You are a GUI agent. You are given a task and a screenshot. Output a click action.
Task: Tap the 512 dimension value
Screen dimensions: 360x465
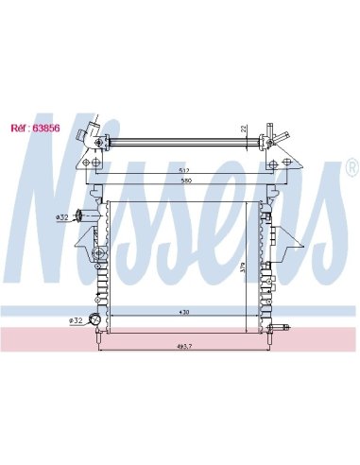point(184,170)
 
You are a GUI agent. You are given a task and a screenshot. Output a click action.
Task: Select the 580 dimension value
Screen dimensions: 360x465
point(186,181)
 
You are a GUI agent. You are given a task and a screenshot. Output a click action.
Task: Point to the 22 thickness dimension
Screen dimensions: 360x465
point(244,129)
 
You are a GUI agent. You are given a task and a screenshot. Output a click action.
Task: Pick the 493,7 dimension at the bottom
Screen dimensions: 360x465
point(184,346)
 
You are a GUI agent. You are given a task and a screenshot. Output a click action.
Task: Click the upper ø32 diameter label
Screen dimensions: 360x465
point(61,217)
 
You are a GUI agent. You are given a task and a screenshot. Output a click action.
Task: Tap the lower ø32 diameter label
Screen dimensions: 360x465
point(76,320)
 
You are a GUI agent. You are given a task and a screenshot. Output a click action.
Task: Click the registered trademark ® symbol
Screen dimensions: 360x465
point(352,167)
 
